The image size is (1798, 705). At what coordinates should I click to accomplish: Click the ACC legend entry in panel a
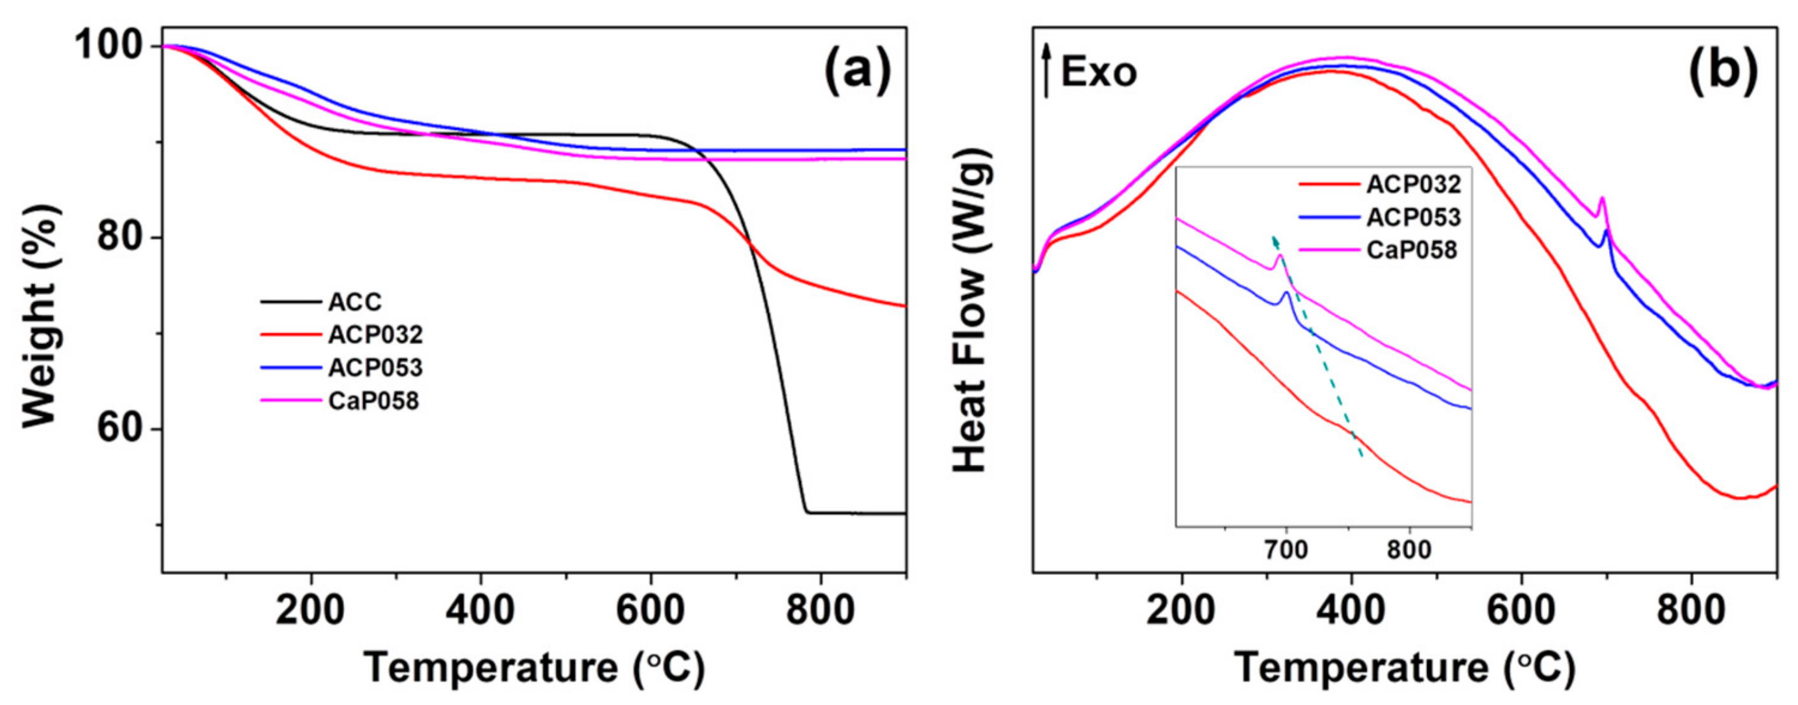click(355, 302)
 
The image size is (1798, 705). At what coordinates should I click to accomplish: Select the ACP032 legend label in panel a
click(375, 335)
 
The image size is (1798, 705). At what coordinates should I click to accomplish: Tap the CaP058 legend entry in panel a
click(373, 402)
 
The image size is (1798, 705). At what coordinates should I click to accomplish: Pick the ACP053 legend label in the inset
click(1412, 217)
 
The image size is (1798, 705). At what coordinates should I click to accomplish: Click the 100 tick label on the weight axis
click(113, 46)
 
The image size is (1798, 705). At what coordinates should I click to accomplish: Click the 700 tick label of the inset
click(1285, 550)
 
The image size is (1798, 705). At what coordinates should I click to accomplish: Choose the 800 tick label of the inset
click(1409, 550)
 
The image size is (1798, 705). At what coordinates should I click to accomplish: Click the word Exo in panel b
click(1098, 72)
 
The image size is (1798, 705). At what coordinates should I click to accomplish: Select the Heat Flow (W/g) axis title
click(971, 314)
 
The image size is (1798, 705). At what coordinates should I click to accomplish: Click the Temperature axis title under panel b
click(1404, 667)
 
